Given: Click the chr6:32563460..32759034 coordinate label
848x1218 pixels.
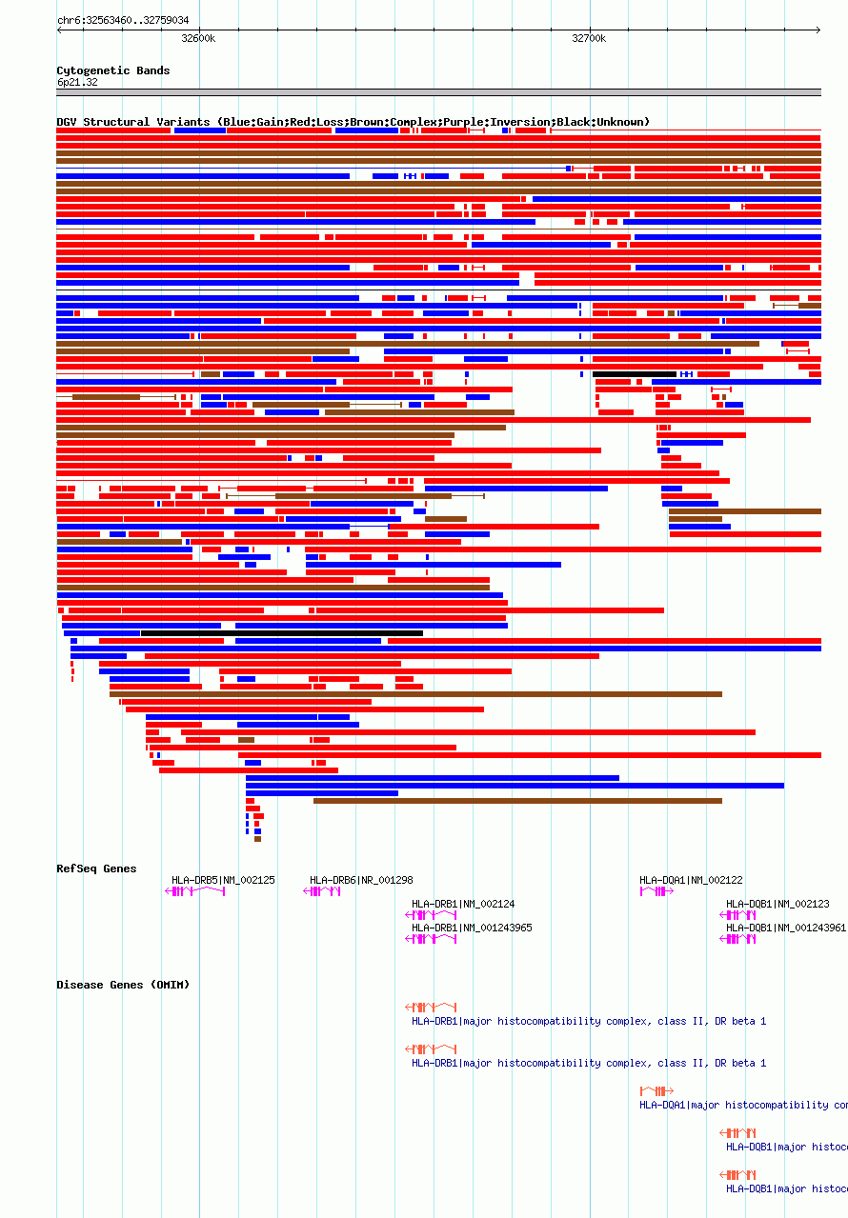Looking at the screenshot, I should coord(123,20).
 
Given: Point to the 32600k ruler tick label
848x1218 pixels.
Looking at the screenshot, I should coord(198,38).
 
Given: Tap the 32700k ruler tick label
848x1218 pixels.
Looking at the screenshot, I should coord(589,38).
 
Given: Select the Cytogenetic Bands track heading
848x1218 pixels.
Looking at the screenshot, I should coord(112,70).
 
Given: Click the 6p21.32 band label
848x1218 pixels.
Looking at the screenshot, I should coord(76,82).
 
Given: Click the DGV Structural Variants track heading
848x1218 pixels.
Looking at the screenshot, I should coord(353,122).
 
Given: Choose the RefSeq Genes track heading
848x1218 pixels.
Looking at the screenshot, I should coord(96,869).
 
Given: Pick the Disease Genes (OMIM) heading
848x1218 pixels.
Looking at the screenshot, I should coord(123,985).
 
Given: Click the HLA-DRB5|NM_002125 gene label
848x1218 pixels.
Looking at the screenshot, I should coord(223,880).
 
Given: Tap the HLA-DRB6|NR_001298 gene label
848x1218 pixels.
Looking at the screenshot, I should coord(361,880).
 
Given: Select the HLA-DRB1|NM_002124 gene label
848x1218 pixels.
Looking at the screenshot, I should coord(463,904).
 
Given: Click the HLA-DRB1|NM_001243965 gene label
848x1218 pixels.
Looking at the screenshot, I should coord(472,928).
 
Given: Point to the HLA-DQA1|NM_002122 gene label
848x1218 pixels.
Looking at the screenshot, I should coord(691,880).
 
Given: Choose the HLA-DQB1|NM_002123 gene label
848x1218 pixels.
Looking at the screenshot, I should coord(777,904).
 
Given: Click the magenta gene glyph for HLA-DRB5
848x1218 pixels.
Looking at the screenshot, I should coord(195,891).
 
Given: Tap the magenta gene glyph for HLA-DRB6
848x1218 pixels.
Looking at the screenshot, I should coord(322,891).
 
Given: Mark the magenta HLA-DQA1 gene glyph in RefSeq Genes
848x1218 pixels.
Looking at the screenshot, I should coord(656,891).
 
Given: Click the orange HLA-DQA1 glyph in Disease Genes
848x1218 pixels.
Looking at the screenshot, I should coord(656,1091).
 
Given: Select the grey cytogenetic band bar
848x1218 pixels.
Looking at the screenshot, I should coord(438,92).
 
